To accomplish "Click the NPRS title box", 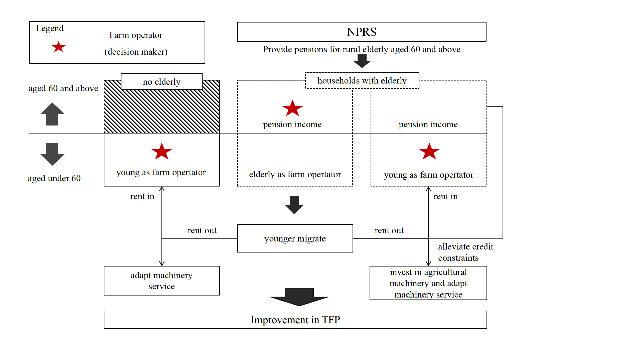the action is click(x=362, y=32).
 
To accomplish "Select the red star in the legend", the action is click(x=59, y=47).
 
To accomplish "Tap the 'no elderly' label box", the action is click(x=162, y=81).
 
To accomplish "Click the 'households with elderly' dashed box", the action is click(x=362, y=80).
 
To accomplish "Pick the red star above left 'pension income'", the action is click(x=292, y=108).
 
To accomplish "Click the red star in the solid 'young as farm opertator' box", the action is click(x=162, y=151).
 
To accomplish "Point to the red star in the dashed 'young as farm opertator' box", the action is click(x=429, y=151).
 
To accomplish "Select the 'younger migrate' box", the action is click(x=295, y=238).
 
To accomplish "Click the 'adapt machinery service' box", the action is click(x=162, y=280).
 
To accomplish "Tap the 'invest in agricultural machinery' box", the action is click(x=428, y=283).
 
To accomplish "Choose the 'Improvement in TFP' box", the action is click(x=295, y=320).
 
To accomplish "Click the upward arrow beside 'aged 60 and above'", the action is click(x=52, y=114).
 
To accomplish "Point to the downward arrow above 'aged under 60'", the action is click(x=52, y=154).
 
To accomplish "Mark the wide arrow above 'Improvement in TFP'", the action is click(x=299, y=297).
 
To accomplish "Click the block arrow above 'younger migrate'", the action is click(x=294, y=205).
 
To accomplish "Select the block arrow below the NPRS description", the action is click(x=362, y=61).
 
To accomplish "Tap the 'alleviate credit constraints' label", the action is click(x=466, y=252).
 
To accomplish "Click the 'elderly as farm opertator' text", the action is click(x=295, y=174).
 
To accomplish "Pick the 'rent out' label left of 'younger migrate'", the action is click(x=202, y=230).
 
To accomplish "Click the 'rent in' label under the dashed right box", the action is click(x=446, y=196).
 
